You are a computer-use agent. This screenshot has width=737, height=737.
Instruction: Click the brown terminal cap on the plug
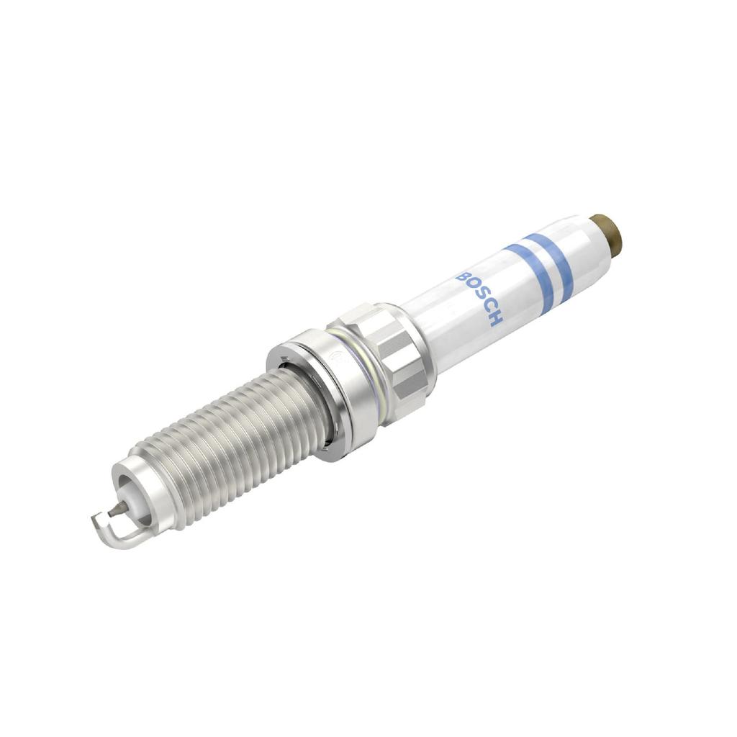tap(606, 232)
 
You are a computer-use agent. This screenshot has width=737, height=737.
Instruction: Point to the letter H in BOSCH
tap(495, 317)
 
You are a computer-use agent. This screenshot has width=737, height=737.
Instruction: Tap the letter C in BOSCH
tap(487, 307)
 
